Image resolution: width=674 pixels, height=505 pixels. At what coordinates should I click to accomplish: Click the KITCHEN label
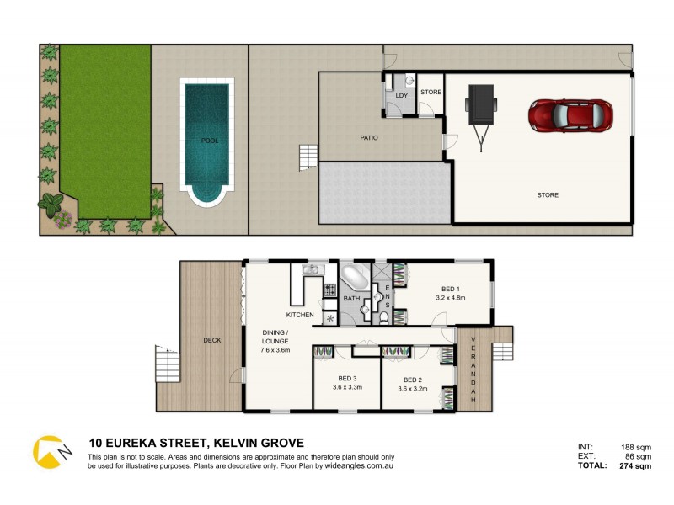point(300,315)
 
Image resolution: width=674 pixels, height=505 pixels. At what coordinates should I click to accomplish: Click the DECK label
point(211,341)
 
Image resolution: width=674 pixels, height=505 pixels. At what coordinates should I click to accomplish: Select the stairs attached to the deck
point(168,364)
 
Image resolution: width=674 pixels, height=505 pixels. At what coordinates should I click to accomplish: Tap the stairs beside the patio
point(308,156)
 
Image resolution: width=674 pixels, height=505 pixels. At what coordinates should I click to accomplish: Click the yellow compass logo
point(50,452)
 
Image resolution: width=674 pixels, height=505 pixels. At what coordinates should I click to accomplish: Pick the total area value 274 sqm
point(634,465)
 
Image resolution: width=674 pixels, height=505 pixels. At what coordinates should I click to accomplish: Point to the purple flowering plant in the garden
point(62,219)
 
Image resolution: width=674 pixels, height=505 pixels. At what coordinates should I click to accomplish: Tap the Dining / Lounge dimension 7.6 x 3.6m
point(275,350)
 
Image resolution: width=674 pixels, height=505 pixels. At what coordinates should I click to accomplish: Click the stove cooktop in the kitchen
point(329,290)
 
